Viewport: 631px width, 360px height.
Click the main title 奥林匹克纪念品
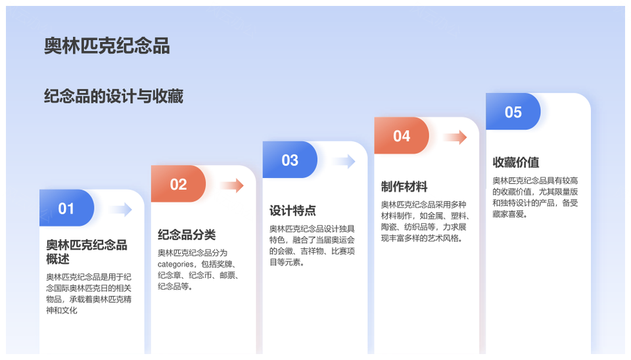pyautogui.click(x=106, y=45)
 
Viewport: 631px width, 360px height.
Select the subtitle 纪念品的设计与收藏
pyautogui.click(x=114, y=97)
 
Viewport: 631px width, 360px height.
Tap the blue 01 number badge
pyautogui.click(x=66, y=208)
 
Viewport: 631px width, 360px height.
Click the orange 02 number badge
pyautogui.click(x=178, y=184)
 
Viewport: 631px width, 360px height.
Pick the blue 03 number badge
pyautogui.click(x=290, y=160)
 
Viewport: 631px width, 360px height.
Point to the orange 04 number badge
pyautogui.click(x=401, y=135)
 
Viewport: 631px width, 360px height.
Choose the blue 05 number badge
pyautogui.click(x=513, y=112)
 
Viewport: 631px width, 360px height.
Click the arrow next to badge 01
pyautogui.click(x=121, y=209)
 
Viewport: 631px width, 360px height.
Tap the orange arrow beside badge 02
pyautogui.click(x=232, y=185)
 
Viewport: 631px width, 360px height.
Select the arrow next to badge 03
pyautogui.click(x=344, y=161)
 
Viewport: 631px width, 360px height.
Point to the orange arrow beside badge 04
pyautogui.click(x=455, y=137)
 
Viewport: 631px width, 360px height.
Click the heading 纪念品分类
pyautogui.click(x=187, y=235)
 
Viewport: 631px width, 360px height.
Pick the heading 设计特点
pyautogui.click(x=292, y=210)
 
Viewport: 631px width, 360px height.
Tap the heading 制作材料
pyautogui.click(x=404, y=186)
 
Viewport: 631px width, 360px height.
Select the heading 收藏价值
pyautogui.click(x=516, y=162)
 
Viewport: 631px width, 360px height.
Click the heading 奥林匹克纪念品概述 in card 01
pyautogui.click(x=87, y=252)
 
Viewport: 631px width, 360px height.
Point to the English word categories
pyautogui.click(x=175, y=264)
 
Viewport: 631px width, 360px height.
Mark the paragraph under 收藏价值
pyautogui.click(x=535, y=197)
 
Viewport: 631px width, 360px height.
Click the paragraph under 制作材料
pyautogui.click(x=425, y=221)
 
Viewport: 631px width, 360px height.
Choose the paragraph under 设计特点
pyautogui.click(x=312, y=245)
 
